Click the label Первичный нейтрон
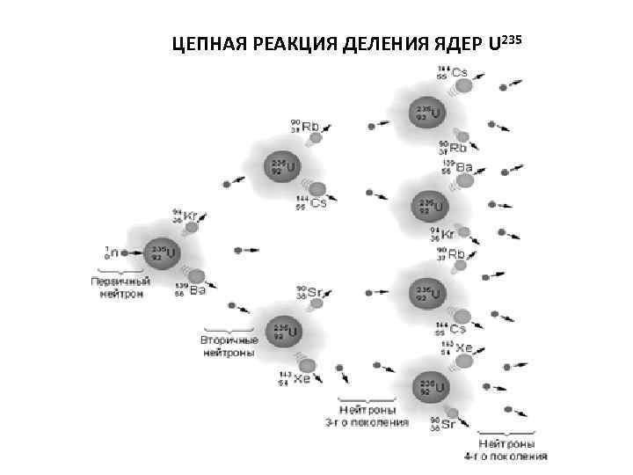click(x=120, y=288)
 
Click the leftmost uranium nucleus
click(x=159, y=252)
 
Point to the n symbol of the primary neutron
click(x=115, y=252)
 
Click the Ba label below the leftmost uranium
click(x=197, y=289)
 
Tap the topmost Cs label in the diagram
click(x=457, y=71)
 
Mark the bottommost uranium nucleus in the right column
click(x=431, y=387)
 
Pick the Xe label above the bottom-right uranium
click(x=462, y=349)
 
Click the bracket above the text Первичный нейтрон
click(x=120, y=269)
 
